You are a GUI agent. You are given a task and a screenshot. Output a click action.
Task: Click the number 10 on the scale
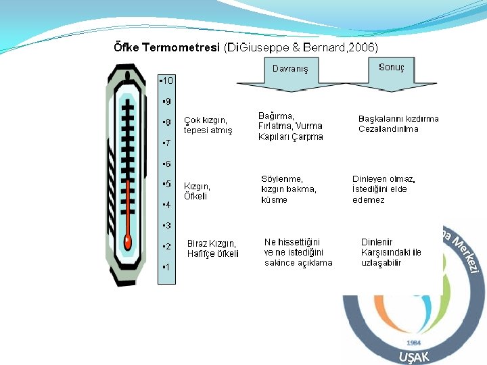coord(166,80)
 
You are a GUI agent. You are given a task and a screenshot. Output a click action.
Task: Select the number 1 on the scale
coord(165,266)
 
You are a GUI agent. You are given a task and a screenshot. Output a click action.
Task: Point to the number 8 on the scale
coord(166,122)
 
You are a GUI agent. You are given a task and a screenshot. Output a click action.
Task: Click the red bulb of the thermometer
coord(127,241)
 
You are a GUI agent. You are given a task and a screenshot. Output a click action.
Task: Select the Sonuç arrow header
coord(392,68)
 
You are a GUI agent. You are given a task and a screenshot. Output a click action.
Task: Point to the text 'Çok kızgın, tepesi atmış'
coord(208,126)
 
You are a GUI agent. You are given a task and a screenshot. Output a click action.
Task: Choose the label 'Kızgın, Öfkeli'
coord(198,191)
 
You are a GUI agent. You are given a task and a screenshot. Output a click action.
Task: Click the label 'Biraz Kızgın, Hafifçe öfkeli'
coord(213,249)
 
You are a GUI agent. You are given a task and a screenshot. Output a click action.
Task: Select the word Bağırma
coord(277,116)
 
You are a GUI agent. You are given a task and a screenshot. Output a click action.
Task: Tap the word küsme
coord(274,200)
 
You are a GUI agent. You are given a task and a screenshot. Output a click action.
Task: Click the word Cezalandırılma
coord(388,129)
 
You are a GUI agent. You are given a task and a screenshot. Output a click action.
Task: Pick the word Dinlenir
coord(377,242)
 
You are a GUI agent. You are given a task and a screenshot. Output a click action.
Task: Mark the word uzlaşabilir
coord(381,263)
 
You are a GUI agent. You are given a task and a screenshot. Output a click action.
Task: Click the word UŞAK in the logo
coord(413,357)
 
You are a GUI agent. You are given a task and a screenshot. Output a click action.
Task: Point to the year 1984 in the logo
coord(413,343)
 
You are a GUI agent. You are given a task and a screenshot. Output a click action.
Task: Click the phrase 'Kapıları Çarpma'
coord(291,137)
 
